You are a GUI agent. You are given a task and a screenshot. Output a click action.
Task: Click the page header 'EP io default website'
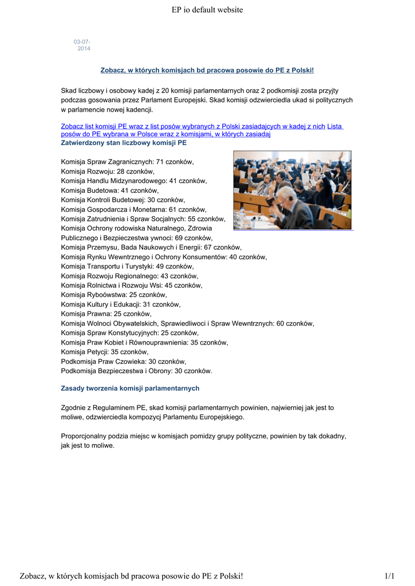tap(207, 10)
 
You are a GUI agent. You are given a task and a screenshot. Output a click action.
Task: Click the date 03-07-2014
tap(82, 45)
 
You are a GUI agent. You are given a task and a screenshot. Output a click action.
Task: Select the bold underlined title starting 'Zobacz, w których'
tap(207, 70)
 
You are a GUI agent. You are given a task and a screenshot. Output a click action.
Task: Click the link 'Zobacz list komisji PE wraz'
tap(193, 126)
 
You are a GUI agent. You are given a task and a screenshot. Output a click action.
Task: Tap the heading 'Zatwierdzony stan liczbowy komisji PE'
tap(124, 142)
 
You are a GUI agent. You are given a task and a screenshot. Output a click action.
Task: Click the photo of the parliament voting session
tap(292, 190)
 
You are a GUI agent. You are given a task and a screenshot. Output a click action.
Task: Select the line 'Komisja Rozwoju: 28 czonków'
tap(108, 171)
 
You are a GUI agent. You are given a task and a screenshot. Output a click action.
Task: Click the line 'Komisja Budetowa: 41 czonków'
tap(110, 191)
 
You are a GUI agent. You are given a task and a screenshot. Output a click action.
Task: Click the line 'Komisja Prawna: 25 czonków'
tap(106, 314)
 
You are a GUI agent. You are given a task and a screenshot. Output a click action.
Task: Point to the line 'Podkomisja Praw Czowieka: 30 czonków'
tap(124, 361)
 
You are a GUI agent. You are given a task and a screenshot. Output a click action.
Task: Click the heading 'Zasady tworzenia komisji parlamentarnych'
tap(130, 388)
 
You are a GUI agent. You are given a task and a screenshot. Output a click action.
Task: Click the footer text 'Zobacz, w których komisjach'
tap(132, 575)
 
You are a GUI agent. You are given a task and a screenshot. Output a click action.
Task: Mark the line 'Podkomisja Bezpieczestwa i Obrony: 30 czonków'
tap(136, 371)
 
